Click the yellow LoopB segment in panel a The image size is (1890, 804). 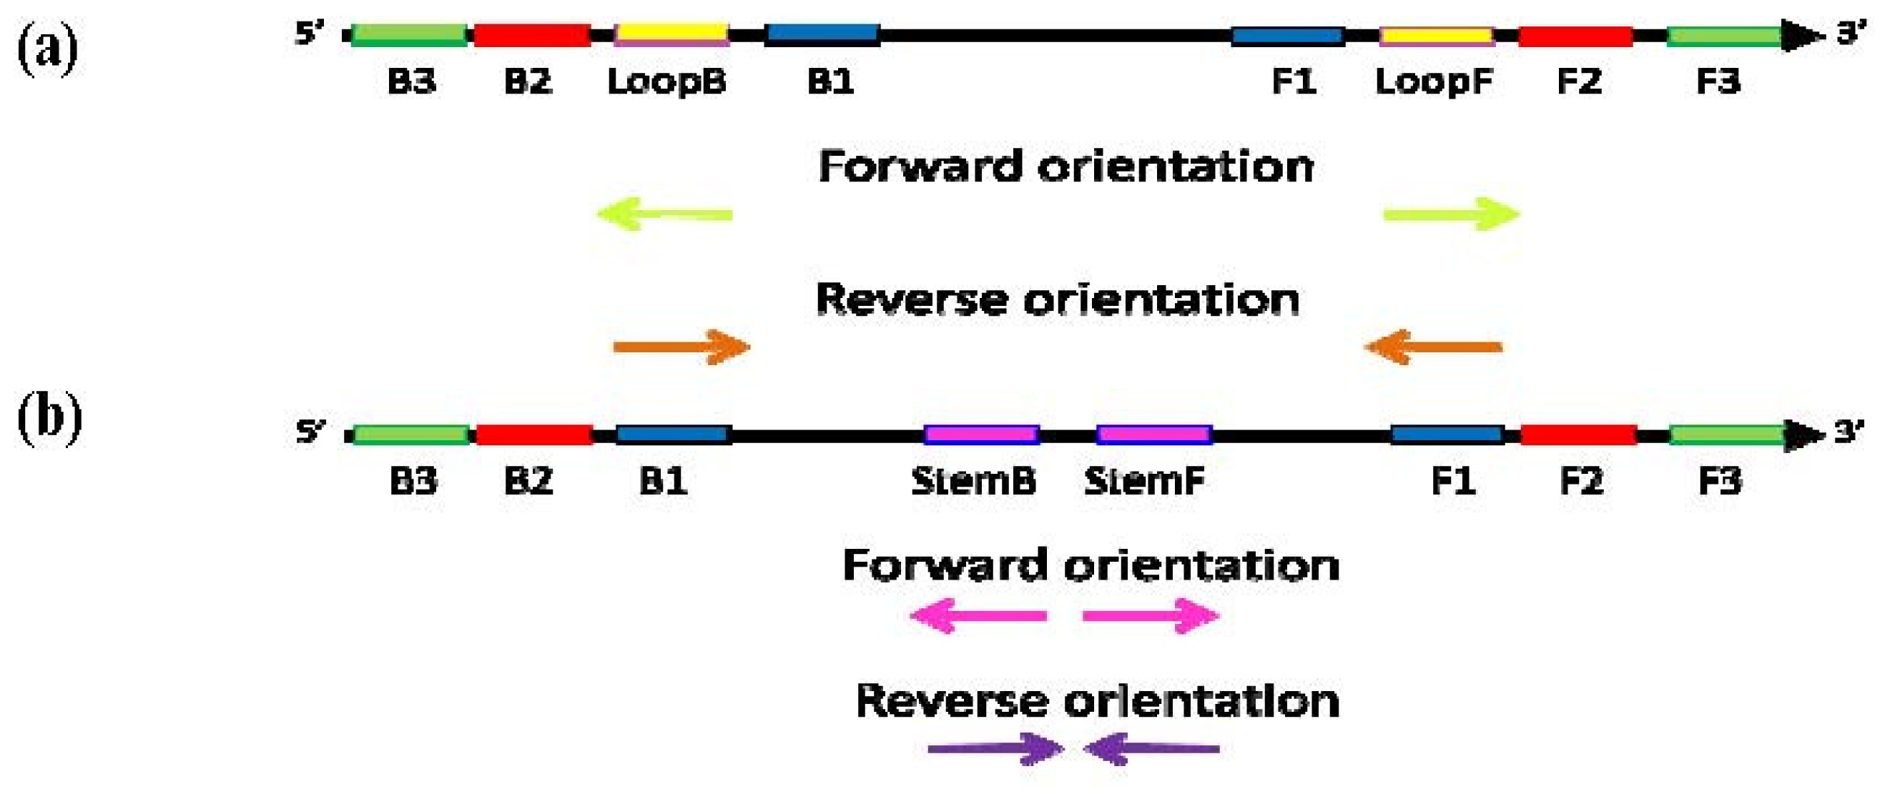671,34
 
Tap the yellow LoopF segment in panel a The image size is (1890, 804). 1437,35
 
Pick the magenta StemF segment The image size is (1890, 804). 1153,435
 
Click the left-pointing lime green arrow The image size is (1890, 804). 664,214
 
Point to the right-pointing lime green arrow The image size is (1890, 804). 1451,214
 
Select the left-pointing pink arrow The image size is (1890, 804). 978,615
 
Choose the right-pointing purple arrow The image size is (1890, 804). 995,749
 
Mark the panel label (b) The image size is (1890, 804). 49,418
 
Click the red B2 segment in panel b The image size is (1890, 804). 534,435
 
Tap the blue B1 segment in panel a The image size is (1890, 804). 822,34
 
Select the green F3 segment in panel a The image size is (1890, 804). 1724,35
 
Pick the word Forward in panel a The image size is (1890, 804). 920,167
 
